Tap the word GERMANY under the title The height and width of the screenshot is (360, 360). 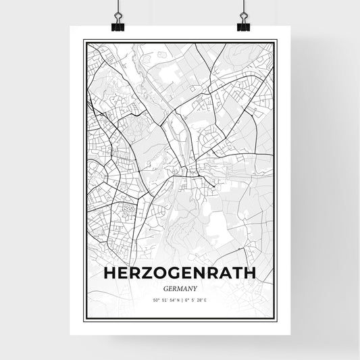[x=180, y=287]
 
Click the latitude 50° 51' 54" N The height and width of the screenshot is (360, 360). [x=159, y=300]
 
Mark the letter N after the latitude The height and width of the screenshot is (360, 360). [x=176, y=300]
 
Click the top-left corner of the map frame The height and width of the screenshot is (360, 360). [x=84, y=41]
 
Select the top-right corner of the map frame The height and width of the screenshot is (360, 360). [x=276, y=41]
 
